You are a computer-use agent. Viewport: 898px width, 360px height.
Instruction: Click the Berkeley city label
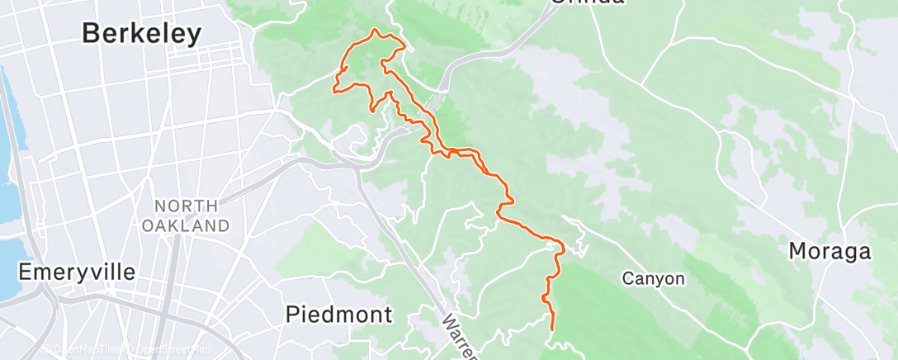coord(142,33)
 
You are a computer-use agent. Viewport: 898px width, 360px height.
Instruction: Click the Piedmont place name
coord(338,314)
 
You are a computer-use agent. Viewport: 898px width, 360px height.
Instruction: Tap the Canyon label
coord(653,279)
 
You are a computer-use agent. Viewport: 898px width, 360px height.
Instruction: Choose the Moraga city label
coord(831,250)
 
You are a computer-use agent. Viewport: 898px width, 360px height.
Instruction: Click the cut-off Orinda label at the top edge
coord(586,2)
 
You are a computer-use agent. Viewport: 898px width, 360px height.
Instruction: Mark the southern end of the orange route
coord(551,329)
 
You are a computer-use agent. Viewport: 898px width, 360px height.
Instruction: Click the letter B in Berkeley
coord(92,33)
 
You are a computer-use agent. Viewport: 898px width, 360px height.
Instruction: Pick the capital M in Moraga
coord(800,250)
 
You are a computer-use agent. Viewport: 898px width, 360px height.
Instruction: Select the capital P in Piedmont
coord(292,314)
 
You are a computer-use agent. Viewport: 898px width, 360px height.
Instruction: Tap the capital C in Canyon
coord(627,279)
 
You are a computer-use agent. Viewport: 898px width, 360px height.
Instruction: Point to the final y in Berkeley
coord(194,36)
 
